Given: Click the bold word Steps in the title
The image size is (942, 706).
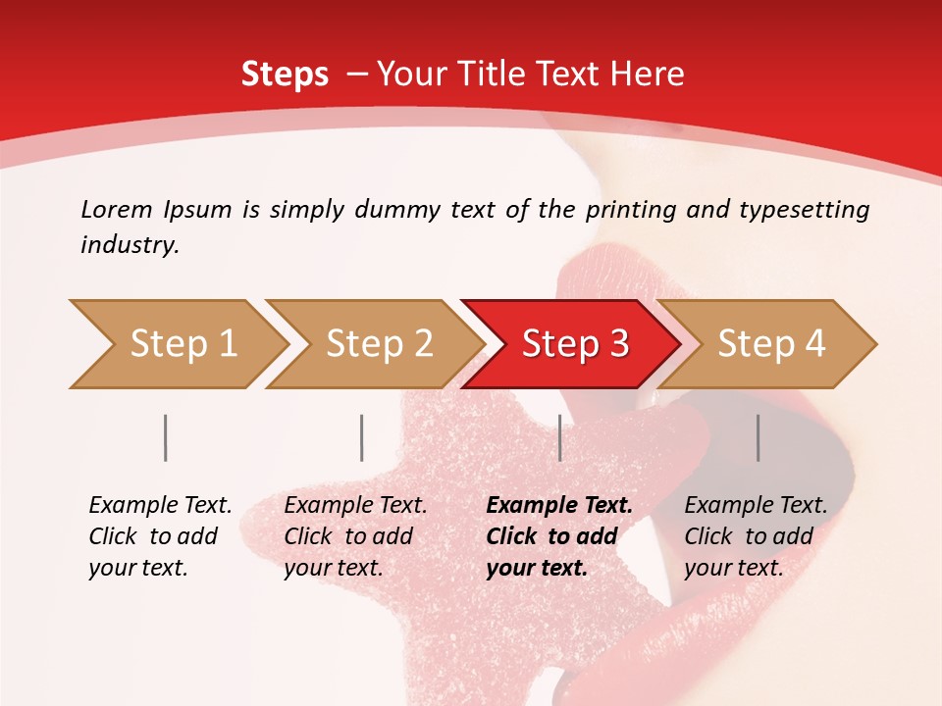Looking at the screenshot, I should click(x=285, y=75).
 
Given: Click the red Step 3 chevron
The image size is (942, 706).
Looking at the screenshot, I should click(x=575, y=344).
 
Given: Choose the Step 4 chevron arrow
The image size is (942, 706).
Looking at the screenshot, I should click(x=771, y=344).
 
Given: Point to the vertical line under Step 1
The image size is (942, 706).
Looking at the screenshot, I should click(x=166, y=437).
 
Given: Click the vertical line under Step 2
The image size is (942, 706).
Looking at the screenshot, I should click(x=362, y=437).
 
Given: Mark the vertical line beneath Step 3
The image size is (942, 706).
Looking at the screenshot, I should click(x=559, y=437).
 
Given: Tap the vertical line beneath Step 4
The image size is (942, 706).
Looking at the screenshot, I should click(x=758, y=437).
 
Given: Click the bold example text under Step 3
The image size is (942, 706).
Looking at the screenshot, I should click(x=559, y=536).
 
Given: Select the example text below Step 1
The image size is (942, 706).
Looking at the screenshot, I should click(x=160, y=536).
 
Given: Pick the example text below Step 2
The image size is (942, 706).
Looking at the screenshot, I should click(x=355, y=536).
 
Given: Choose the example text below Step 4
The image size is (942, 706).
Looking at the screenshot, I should click(x=756, y=536).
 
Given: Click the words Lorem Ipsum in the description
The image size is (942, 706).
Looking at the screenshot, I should click(x=156, y=210).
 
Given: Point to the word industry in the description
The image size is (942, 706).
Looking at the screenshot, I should click(x=129, y=245).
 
